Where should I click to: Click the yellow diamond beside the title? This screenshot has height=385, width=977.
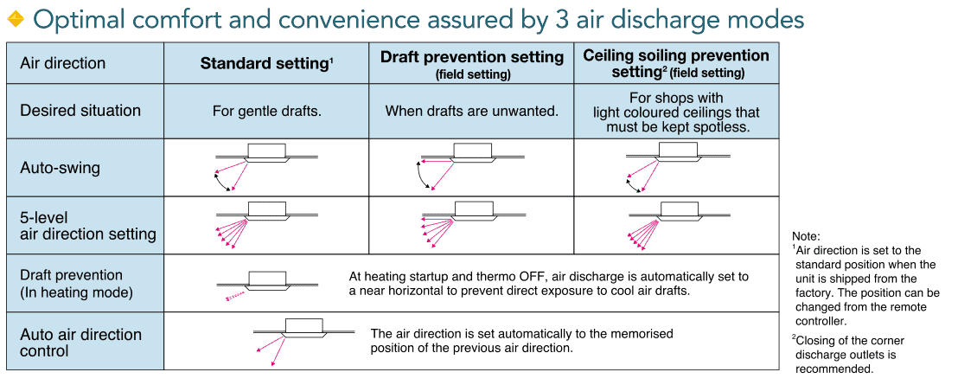click(x=15, y=20)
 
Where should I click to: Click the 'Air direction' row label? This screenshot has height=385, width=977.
click(x=63, y=64)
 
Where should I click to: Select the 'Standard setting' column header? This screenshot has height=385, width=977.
click(x=266, y=64)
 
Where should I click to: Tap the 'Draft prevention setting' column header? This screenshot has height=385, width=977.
click(x=472, y=64)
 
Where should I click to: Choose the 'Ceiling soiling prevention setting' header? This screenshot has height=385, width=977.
click(x=676, y=64)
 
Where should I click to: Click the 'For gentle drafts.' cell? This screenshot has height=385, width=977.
click(x=266, y=112)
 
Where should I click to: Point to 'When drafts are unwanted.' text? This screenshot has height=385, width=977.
click(x=472, y=112)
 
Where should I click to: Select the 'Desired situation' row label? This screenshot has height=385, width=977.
click(x=80, y=111)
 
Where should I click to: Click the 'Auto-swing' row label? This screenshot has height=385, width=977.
click(x=60, y=169)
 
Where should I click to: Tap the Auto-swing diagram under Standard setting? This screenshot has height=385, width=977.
click(x=266, y=167)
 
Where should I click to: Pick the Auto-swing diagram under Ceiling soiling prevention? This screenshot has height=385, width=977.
click(x=677, y=167)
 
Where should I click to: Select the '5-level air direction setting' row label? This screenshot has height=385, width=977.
click(x=88, y=226)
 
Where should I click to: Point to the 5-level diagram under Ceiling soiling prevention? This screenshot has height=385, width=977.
click(x=677, y=225)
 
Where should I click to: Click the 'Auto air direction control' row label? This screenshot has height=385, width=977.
click(x=81, y=343)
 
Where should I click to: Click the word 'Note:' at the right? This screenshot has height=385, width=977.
click(x=807, y=236)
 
